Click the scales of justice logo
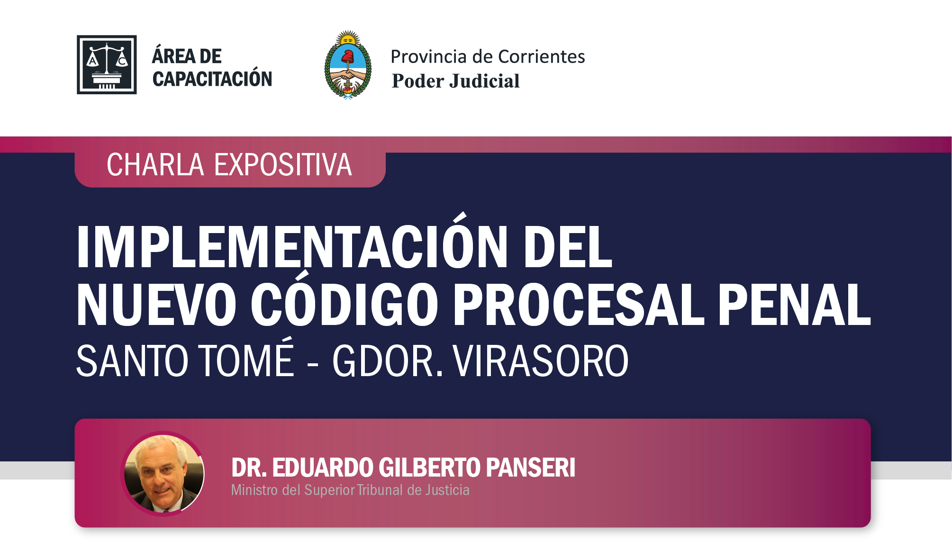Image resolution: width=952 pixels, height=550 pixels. point(107,64)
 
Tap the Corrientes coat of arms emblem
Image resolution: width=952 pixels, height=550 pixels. point(348,65)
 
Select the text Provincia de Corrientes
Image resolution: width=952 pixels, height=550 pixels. point(488,57)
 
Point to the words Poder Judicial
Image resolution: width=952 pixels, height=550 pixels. point(455,81)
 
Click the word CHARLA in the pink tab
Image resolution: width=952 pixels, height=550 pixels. point(155,165)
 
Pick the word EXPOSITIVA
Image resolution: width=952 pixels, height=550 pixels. point(283,165)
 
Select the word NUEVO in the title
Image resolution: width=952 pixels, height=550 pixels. point(156,305)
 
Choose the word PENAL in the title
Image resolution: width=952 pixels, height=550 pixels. point(794,305)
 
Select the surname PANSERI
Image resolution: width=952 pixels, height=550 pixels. point(531,468)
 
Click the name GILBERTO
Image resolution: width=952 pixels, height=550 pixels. point(430,468)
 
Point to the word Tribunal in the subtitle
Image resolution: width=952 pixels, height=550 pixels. point(379,490)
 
